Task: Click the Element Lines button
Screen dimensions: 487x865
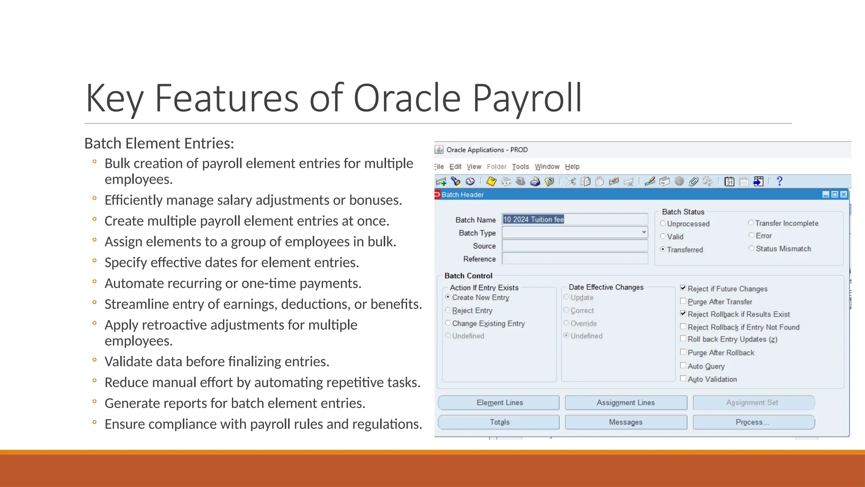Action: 499,403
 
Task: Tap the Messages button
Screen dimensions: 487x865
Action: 626,422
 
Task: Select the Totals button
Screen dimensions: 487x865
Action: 499,422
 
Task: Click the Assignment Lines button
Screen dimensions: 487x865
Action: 626,403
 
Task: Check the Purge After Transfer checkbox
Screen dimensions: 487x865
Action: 683,301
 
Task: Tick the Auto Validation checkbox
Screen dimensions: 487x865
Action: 683,379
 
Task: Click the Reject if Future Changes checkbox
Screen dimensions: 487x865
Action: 683,288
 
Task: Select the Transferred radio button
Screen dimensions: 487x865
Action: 663,249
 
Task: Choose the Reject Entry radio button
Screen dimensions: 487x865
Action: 448,310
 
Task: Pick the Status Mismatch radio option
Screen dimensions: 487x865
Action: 751,249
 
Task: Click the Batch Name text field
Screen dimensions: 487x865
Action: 574,219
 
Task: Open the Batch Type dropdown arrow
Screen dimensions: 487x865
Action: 644,233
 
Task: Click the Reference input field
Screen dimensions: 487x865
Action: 574,259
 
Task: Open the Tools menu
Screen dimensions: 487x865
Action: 520,167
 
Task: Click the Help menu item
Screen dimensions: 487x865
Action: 572,167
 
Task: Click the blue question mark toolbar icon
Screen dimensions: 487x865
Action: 779,181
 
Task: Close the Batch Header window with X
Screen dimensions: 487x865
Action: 843,194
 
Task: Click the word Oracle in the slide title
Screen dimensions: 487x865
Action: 406,98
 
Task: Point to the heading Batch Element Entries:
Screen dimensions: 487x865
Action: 159,143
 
